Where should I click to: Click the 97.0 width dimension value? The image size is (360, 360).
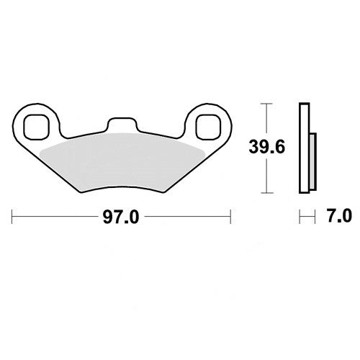click(121, 217)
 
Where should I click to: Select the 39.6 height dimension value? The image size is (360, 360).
click(266, 147)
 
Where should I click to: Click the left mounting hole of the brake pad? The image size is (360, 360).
click(37, 127)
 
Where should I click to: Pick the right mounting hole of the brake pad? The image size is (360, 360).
click(208, 127)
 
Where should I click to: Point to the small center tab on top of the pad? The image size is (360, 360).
click(122, 125)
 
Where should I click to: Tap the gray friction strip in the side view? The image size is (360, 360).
click(312, 161)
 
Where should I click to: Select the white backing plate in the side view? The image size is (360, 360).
click(305, 148)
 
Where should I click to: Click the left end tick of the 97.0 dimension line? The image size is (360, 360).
click(12, 217)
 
